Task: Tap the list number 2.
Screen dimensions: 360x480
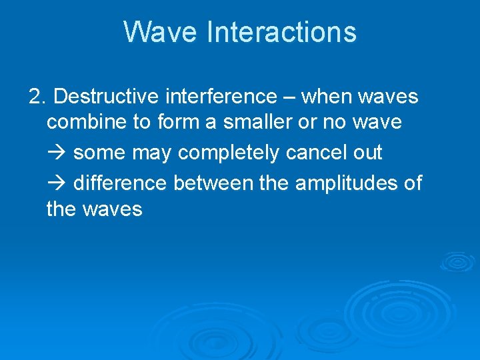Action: (x=37, y=97)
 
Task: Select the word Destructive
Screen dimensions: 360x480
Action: (x=105, y=97)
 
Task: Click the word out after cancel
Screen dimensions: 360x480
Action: (x=368, y=153)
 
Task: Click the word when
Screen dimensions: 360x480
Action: (x=327, y=97)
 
